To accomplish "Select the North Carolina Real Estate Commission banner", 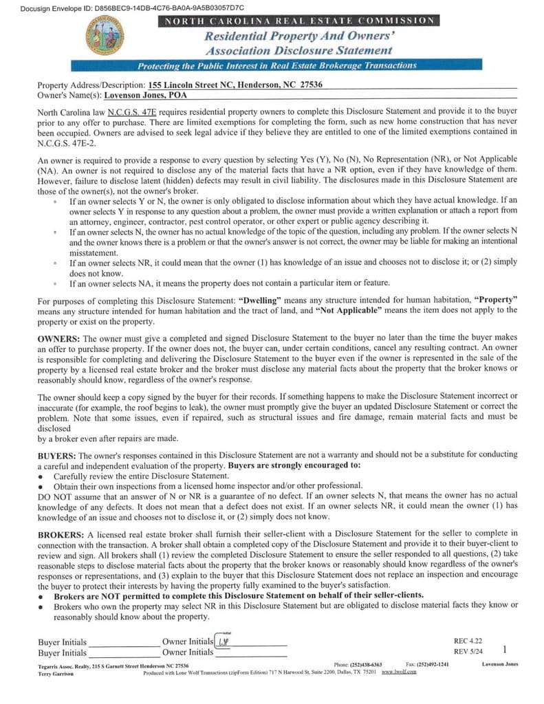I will coord(298,21).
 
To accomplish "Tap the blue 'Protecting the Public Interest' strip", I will coord(276,66).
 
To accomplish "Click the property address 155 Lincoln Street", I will coord(235,85).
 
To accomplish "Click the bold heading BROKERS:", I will coord(61,534).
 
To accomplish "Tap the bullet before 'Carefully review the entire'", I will coord(43,476).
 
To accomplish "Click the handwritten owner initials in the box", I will coord(223,641).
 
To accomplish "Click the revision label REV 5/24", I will coord(468,652).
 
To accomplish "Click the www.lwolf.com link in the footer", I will coord(400,672).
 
